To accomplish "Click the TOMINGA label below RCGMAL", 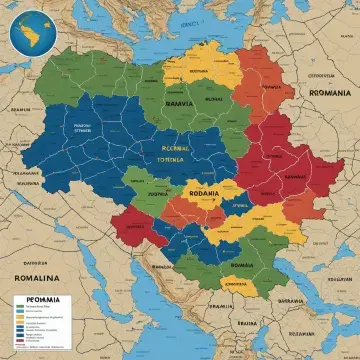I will tap(176, 158).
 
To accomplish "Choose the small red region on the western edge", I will tap(130, 224).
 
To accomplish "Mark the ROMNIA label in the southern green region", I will tap(242, 265).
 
